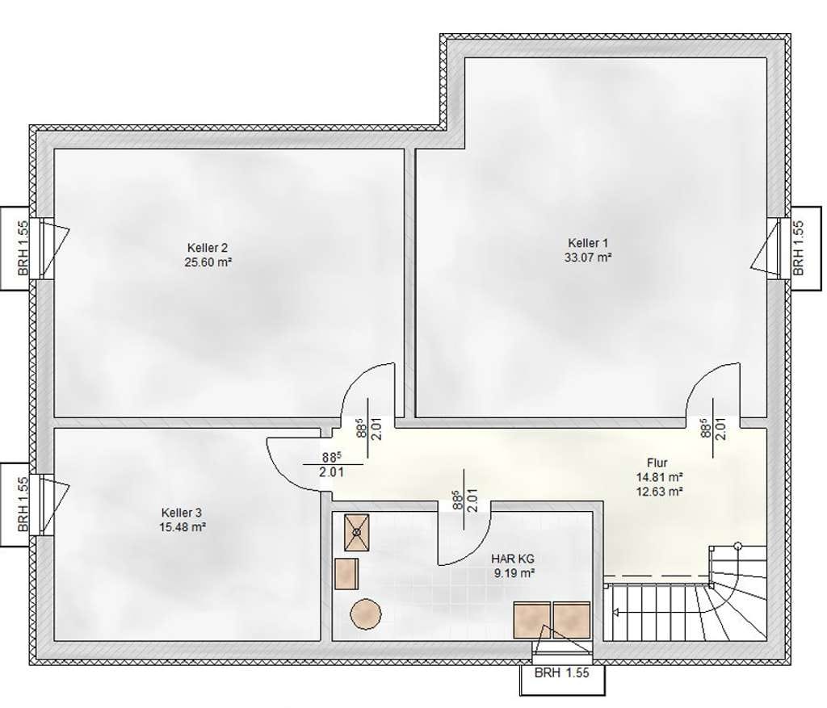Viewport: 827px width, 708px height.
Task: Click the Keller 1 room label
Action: (x=588, y=243)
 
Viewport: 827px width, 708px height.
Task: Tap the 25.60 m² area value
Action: (x=208, y=262)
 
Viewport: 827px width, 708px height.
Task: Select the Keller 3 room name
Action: (x=182, y=513)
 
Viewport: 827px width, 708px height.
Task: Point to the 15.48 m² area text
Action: (x=183, y=526)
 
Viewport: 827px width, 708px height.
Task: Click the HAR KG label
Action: (x=513, y=559)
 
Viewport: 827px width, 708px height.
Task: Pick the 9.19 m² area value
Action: (x=514, y=573)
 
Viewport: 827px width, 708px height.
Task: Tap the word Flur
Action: (x=657, y=463)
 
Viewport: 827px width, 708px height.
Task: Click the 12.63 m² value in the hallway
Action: (x=660, y=492)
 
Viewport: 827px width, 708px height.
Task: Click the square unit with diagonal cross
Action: (x=357, y=533)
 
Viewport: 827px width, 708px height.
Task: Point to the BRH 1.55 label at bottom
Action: (x=562, y=673)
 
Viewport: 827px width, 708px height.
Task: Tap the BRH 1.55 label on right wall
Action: (x=799, y=248)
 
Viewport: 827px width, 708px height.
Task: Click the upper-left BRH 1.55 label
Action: (x=23, y=248)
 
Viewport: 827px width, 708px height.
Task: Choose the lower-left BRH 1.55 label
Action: (x=23, y=505)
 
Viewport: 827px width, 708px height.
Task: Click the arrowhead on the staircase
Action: (x=615, y=613)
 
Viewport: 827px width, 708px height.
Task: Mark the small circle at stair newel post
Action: (x=738, y=546)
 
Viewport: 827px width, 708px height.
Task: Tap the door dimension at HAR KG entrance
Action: (x=465, y=499)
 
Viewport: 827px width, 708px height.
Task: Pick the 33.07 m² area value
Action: (x=588, y=258)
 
